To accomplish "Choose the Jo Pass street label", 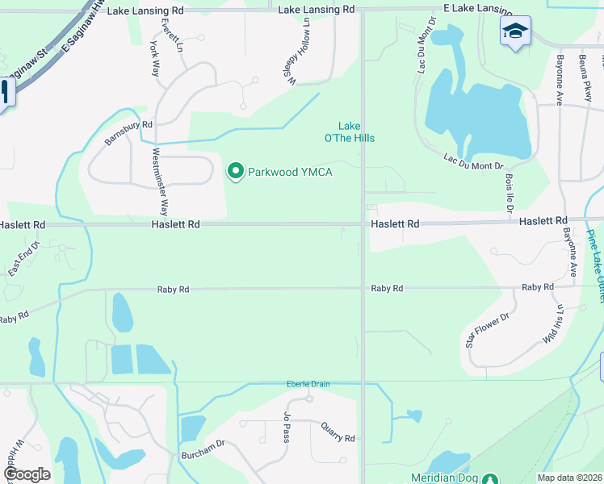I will click(x=286, y=427).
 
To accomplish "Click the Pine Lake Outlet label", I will click(x=595, y=266).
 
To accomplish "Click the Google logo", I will click(x=27, y=474).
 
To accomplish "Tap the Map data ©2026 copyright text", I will click(x=569, y=478).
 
